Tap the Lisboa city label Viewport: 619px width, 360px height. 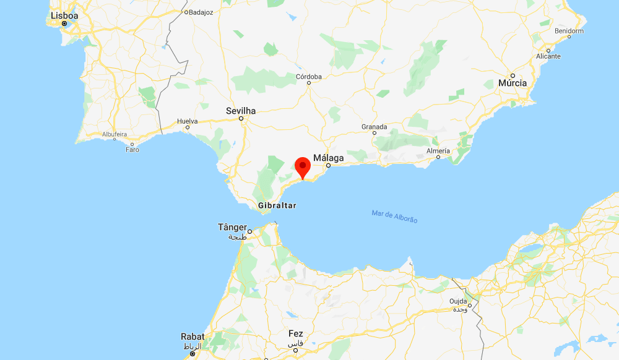pos(64,15)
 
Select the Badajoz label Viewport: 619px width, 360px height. pos(201,12)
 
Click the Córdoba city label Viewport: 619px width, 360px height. pos(309,77)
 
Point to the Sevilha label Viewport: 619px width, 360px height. pos(241,111)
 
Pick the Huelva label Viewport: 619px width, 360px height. pos(187,121)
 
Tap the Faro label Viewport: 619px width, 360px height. pos(132,150)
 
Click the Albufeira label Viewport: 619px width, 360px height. pos(115,134)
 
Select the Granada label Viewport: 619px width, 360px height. pos(374,127)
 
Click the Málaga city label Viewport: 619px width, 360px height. pos(328,158)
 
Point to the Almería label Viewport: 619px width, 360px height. pos(438,151)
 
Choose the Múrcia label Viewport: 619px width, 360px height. pos(513,83)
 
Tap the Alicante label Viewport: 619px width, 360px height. pos(548,56)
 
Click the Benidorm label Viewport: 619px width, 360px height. pos(569,30)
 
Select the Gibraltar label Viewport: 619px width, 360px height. pos(277,205)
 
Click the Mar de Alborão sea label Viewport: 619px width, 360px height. pos(395,216)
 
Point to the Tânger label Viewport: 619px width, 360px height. pos(233,227)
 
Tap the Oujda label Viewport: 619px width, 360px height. pos(459,301)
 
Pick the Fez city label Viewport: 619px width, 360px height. pos(295,334)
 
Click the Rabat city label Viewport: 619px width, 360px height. pos(192,336)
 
